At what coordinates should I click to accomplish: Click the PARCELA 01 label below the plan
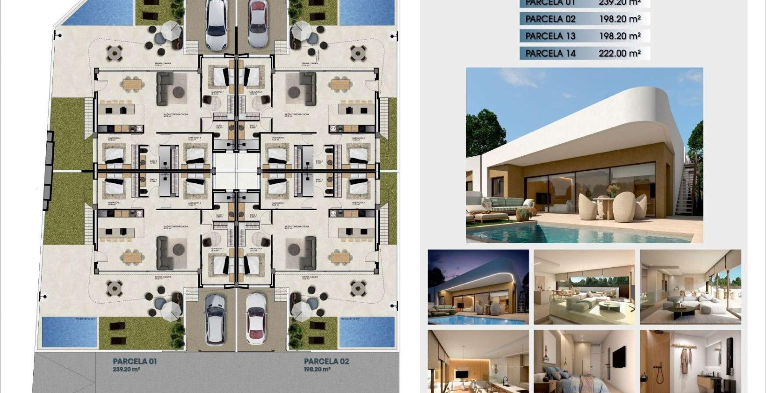click(135, 361)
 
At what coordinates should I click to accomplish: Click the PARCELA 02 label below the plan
click(326, 361)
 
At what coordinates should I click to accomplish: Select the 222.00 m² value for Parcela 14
click(620, 53)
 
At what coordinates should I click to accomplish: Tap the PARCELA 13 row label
click(550, 36)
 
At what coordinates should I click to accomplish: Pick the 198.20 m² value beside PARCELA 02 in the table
click(620, 19)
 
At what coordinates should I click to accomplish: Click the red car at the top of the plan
click(258, 23)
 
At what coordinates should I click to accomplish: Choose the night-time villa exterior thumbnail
click(478, 287)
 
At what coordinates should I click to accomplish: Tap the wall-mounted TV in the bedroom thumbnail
click(619, 357)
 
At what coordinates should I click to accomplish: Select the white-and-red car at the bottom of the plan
click(256, 318)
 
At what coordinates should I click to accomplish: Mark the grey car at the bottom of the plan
click(215, 319)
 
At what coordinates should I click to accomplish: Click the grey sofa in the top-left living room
click(165, 89)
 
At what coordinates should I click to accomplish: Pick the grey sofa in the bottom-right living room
click(308, 253)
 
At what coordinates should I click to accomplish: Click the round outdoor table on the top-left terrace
click(115, 53)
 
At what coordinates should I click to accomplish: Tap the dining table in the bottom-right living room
click(340, 256)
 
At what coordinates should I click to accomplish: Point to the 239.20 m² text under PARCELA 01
click(126, 369)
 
